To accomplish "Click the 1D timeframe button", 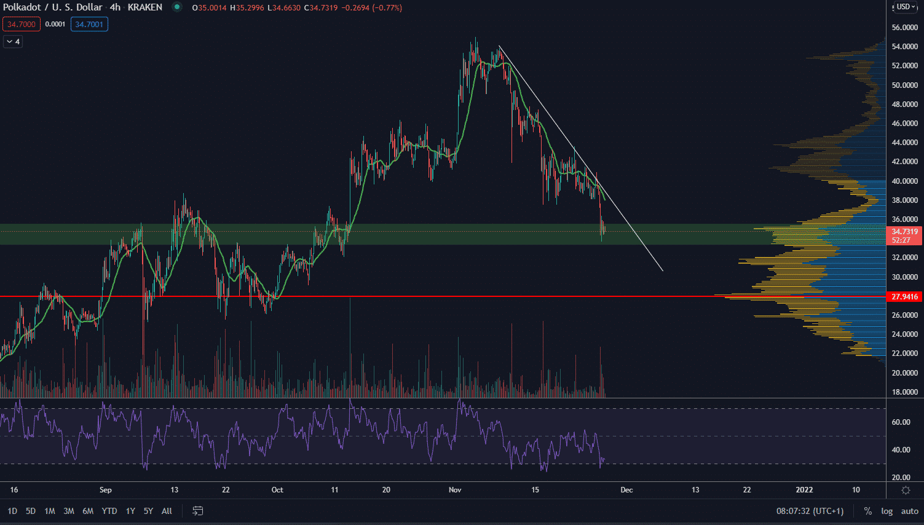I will click(x=12, y=511).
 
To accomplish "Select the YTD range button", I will click(x=109, y=511).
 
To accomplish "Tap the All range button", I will click(x=167, y=511).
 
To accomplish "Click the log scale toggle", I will click(x=886, y=511).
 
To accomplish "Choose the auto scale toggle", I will click(x=910, y=511).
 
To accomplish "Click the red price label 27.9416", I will click(x=904, y=297).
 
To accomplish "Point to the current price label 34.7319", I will click(x=904, y=232).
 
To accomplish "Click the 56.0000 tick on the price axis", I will click(x=905, y=28).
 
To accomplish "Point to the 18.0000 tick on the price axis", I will click(x=905, y=392).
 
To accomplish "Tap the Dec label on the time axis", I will click(x=626, y=490).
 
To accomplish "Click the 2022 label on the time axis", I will click(x=804, y=490).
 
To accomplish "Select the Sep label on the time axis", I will click(x=106, y=490).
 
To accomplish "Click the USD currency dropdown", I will click(x=905, y=7).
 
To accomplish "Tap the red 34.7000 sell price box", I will click(x=22, y=25).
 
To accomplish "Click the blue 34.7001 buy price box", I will click(x=89, y=25).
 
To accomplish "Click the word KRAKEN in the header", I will click(x=145, y=7).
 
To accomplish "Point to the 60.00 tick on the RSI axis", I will click(x=901, y=422).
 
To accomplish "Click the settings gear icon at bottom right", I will click(x=906, y=490).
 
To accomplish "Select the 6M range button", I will click(x=88, y=511).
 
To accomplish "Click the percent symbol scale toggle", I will click(x=868, y=511).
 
